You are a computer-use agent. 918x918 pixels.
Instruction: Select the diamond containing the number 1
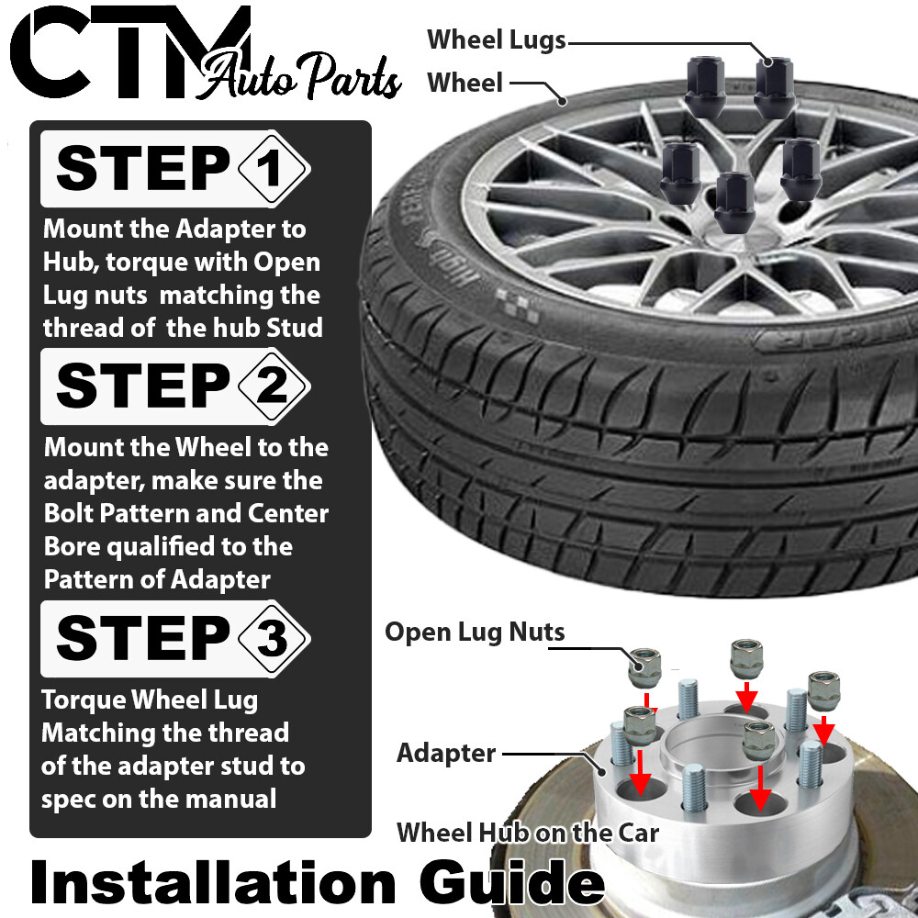pos(273,170)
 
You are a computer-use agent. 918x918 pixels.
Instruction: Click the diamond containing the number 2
pos(273,386)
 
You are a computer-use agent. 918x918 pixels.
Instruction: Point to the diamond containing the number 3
pos(273,636)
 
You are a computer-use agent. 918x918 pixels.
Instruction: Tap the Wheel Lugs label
pos(496,39)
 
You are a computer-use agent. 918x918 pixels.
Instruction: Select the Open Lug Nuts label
pos(475,632)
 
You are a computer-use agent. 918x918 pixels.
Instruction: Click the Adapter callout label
pos(446,754)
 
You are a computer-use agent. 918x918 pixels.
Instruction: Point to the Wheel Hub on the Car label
pos(528,833)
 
